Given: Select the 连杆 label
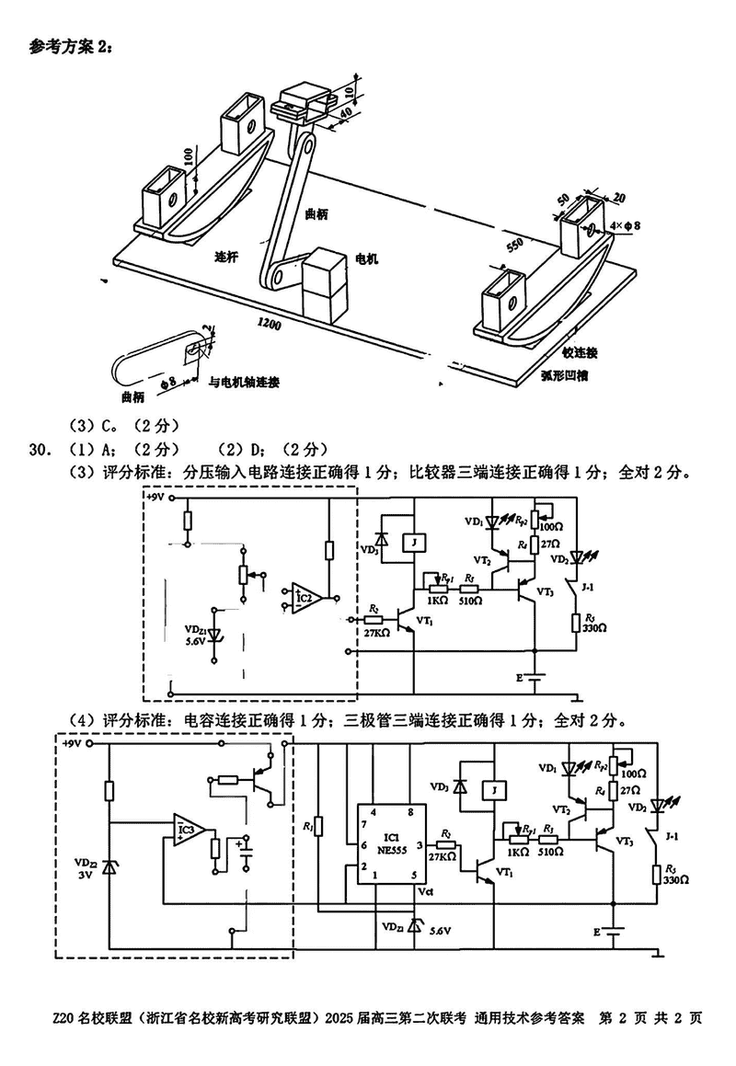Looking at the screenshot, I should [227, 258].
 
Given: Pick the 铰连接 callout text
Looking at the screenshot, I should [580, 353].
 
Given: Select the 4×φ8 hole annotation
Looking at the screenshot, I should [625, 224].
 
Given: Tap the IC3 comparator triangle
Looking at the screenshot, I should [188, 831].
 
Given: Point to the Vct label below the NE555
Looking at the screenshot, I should [424, 892].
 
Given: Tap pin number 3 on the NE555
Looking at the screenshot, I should [419, 844].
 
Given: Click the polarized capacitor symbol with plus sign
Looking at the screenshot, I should [245, 851].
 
